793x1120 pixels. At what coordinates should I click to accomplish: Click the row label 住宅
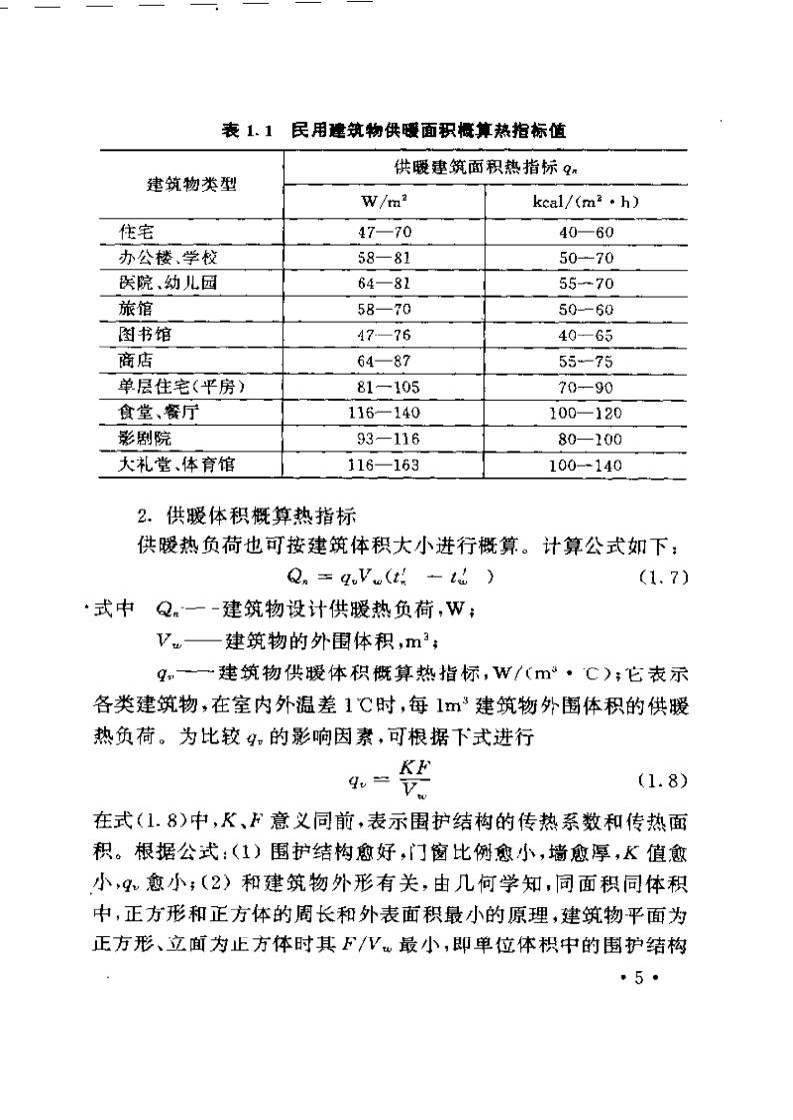(133, 231)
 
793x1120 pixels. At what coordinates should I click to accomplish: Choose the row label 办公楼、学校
(161, 257)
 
